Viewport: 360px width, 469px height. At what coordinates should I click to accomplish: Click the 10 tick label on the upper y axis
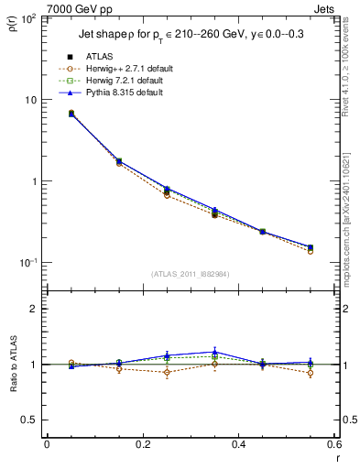coord(29,99)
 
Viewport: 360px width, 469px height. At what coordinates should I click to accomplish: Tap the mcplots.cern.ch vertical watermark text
coord(351,229)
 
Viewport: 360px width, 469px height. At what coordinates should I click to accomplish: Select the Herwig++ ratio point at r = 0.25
coord(167,372)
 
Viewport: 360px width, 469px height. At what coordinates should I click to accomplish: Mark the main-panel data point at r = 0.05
coord(71,114)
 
